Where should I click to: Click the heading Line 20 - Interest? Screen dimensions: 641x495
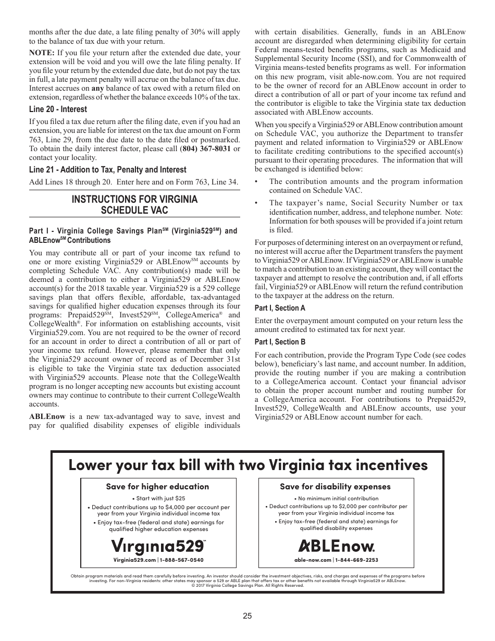pyautogui.click(x=58, y=109)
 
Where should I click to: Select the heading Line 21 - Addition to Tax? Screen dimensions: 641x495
pyautogui.click(x=107, y=170)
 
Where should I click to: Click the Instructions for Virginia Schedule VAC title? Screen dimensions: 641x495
pyautogui.click(x=134, y=205)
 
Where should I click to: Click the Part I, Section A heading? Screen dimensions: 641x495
pyautogui.click(x=280, y=308)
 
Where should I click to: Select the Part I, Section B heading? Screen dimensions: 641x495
pyautogui.click(x=280, y=342)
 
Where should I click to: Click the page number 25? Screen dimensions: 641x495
pyautogui.click(x=247, y=615)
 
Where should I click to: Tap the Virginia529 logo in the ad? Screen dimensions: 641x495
pyautogui.click(x=157, y=546)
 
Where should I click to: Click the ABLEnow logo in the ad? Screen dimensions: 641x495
pyautogui.click(x=336, y=546)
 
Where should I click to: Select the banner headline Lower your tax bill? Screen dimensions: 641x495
pyautogui.click(x=247, y=464)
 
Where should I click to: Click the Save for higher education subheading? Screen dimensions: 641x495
pyautogui.click(x=157, y=486)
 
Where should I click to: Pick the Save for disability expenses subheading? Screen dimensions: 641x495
pyautogui.click(x=335, y=486)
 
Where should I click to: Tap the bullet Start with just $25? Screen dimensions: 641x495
pyautogui.click(x=158, y=498)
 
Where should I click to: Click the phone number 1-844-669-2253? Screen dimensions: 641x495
pyautogui.click(x=357, y=560)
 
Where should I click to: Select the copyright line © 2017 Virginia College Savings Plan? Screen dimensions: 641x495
pyautogui.click(x=247, y=585)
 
